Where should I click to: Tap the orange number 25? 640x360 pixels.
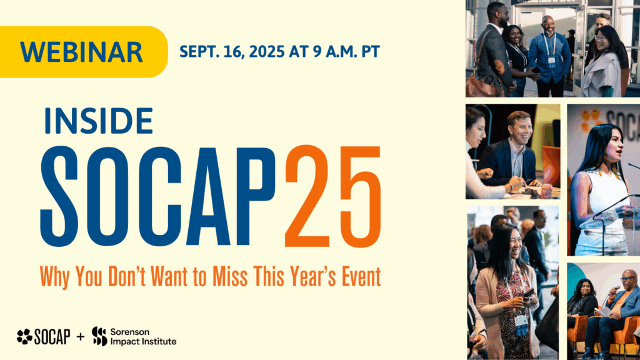click(332, 196)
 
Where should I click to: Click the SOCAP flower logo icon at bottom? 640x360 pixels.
click(24, 337)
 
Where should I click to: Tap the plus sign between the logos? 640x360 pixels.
click(79, 337)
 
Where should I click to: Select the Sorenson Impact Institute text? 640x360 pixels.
click(142, 337)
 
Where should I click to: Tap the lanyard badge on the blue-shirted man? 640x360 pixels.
click(551, 60)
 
